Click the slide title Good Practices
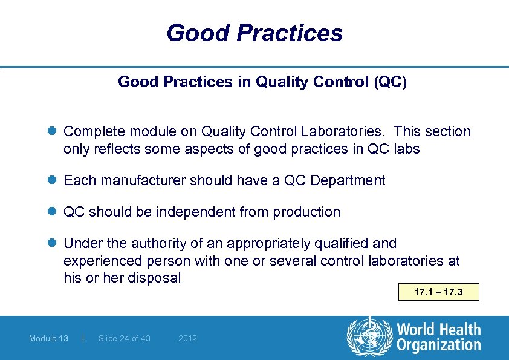(x=254, y=33)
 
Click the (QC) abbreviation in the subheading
(x=390, y=82)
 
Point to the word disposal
(x=154, y=278)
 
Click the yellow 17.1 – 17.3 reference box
(x=439, y=292)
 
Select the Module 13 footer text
(x=48, y=338)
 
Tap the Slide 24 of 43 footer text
(x=124, y=338)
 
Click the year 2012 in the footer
(x=187, y=338)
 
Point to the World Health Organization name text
(x=438, y=338)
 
